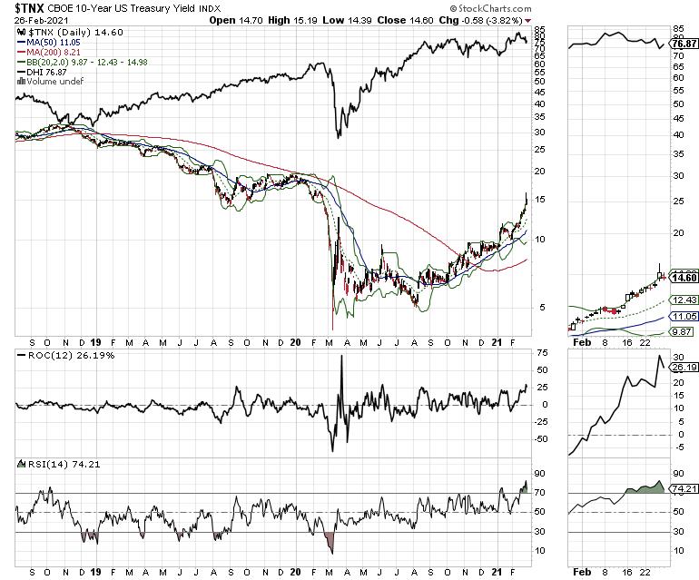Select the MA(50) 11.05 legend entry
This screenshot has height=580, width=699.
tap(52, 43)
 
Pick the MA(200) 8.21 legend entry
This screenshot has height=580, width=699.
tap(53, 53)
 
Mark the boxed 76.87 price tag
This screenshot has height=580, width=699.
tap(684, 44)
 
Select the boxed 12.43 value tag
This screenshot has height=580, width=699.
tap(684, 300)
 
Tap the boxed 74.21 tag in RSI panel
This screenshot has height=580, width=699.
tap(684, 489)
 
